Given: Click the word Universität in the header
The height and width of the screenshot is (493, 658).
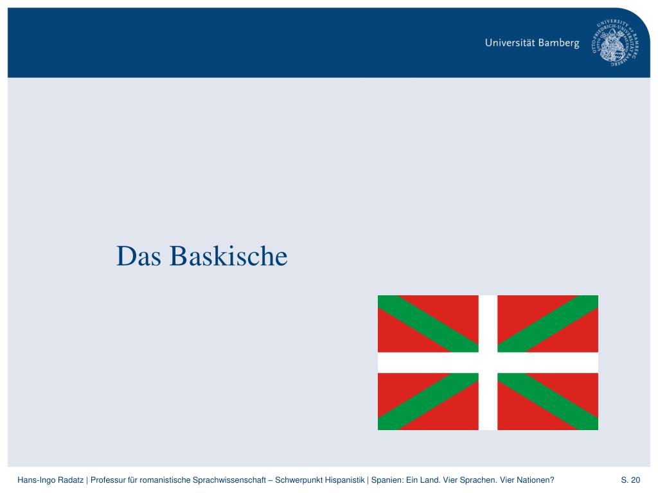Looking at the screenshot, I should click(511, 44).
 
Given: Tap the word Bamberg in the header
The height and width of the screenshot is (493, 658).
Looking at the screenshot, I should click(559, 44).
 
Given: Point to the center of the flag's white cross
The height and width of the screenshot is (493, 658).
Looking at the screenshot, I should click(488, 363).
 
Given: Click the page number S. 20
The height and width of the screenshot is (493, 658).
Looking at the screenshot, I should click(630, 480).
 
